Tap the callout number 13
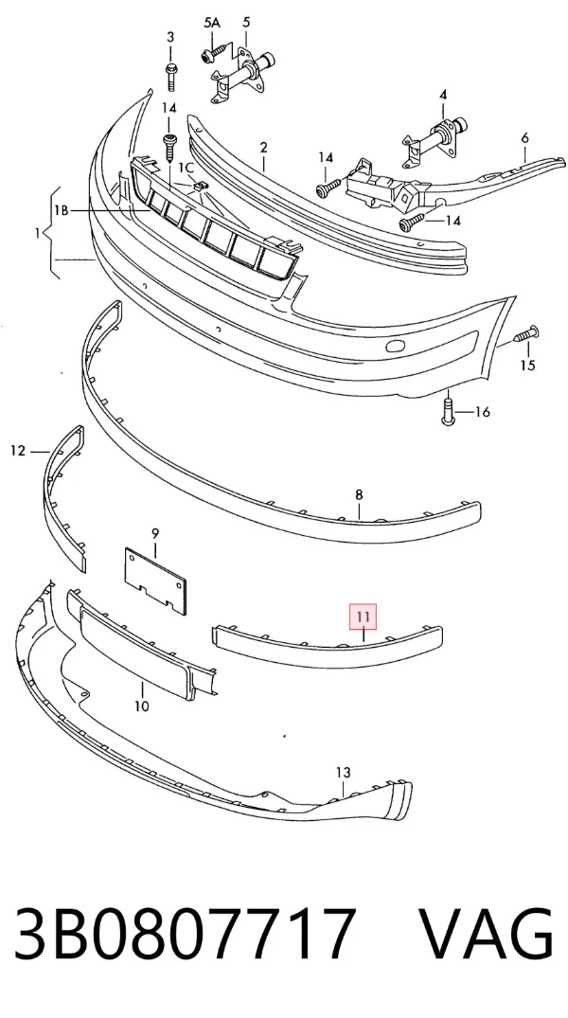point(344,773)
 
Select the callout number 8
point(359,494)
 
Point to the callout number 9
point(155,534)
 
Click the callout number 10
point(141,705)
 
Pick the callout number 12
point(18,450)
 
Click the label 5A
point(212,23)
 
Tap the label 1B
point(62,210)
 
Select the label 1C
point(186,168)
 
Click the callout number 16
point(482,412)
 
